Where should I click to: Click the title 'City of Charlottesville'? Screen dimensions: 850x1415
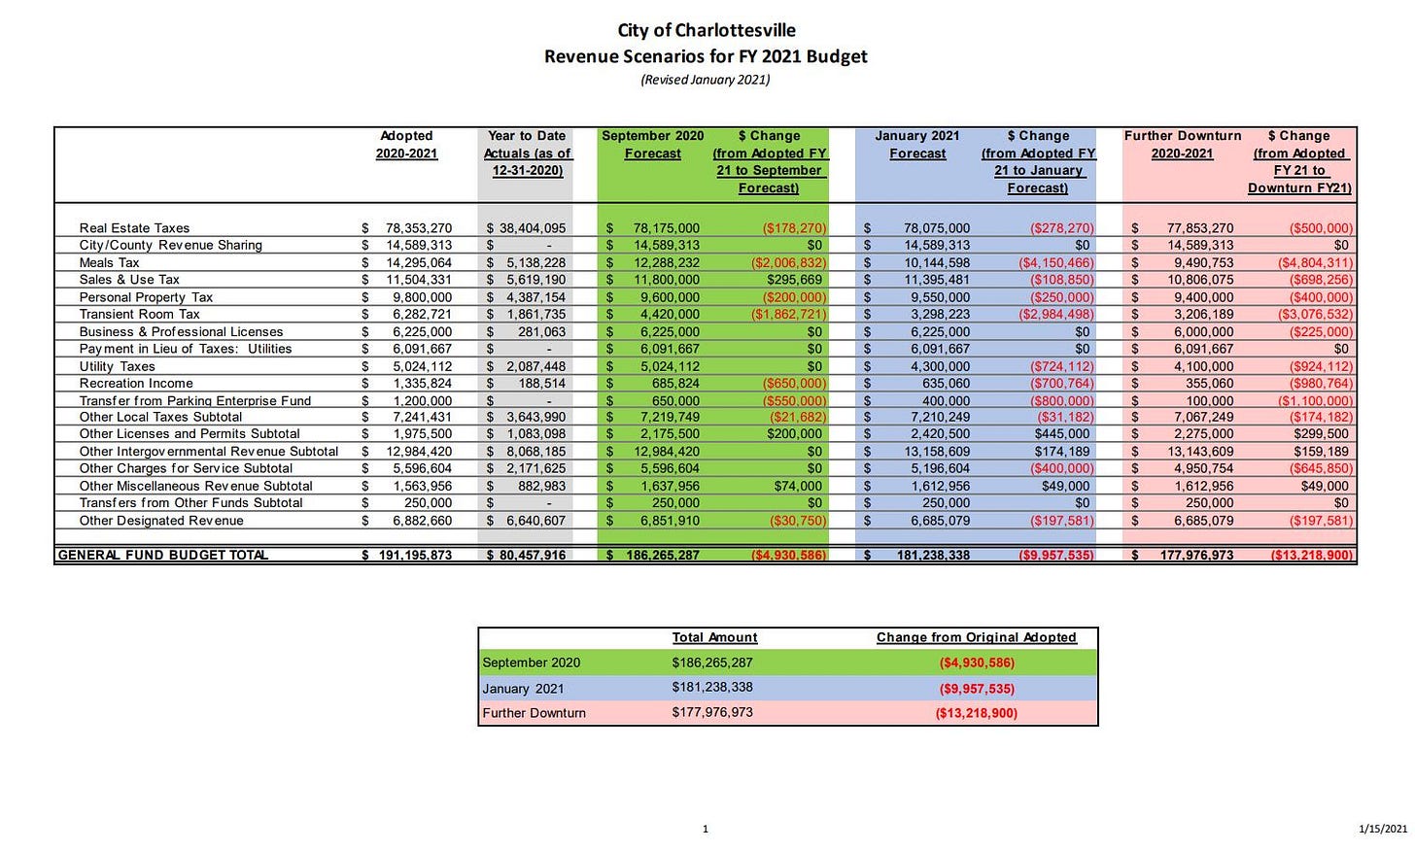coord(707,30)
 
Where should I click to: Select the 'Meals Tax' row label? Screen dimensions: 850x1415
coord(109,263)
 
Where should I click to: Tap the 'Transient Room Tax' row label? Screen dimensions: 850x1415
coord(139,315)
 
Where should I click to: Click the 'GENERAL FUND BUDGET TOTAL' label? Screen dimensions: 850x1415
coord(163,556)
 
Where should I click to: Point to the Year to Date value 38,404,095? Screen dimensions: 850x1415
coord(531,229)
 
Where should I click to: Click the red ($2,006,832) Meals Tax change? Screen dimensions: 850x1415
coord(788,263)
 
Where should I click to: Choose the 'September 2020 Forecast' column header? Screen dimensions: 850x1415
coord(652,145)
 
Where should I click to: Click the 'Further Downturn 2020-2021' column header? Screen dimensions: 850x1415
coord(1182,145)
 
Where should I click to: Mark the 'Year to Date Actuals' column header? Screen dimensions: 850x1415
coord(528,153)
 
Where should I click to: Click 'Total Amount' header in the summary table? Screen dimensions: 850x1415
coord(714,638)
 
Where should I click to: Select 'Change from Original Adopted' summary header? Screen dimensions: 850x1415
coord(976,638)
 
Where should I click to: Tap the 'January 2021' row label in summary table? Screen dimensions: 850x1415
coord(521,689)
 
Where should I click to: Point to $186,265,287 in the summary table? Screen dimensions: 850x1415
coord(712,663)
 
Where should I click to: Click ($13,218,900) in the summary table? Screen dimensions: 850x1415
coord(976,713)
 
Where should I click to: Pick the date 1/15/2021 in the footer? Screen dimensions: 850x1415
coord(1382,829)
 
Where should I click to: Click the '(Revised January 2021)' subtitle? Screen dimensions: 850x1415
coord(706,80)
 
